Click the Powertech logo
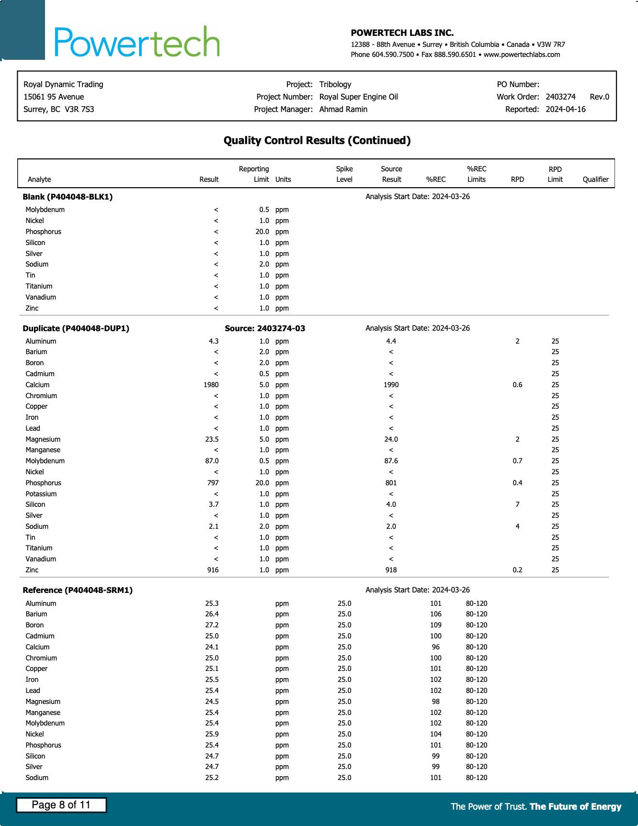point(137,42)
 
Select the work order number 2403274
point(560,97)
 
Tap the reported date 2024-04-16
point(565,109)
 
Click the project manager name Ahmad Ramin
point(343,109)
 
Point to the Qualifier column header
point(595,179)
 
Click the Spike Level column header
point(344,174)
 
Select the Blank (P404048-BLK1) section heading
point(68,197)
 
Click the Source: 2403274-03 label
point(265,328)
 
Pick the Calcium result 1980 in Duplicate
point(211,385)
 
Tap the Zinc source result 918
point(391,570)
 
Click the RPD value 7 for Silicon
point(517,504)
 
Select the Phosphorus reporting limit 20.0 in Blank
point(262,232)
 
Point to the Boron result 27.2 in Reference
point(212,625)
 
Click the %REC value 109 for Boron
point(435,625)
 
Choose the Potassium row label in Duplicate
point(41,494)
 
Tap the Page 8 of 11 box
point(61,805)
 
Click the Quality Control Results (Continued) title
point(317,140)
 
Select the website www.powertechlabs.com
point(522,55)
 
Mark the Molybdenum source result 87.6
point(391,461)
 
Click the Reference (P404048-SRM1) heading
point(78,590)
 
